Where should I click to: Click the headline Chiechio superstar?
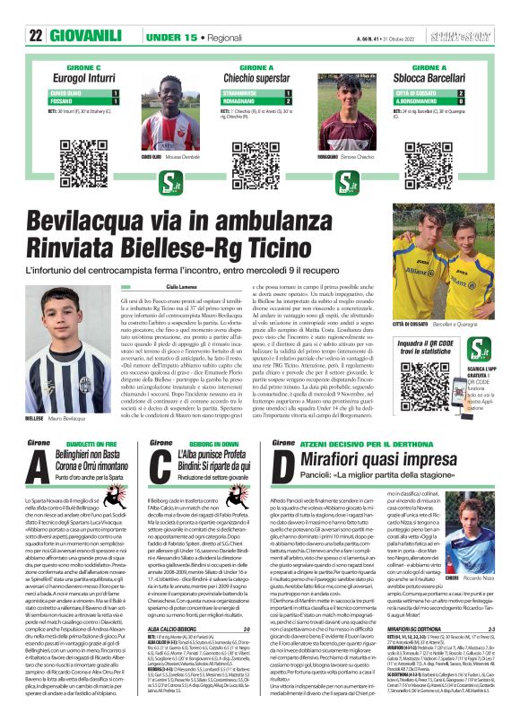[259, 79]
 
